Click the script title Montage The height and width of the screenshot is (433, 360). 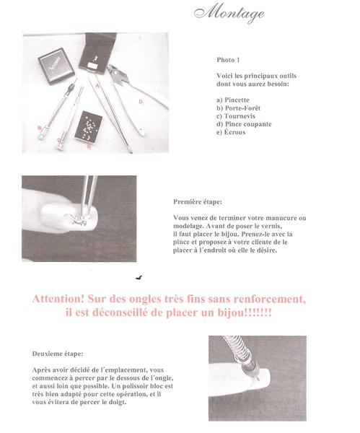[229, 13]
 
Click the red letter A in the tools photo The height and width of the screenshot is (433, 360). [97, 86]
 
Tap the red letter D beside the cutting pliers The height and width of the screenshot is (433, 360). [141, 102]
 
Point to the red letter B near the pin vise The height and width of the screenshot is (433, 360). [40, 128]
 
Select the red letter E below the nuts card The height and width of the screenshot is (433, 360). [89, 146]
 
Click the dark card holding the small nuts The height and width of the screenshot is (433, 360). [89, 126]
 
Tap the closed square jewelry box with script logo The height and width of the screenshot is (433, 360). [56, 66]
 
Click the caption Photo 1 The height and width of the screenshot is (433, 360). [228, 60]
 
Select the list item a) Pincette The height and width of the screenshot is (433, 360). [233, 100]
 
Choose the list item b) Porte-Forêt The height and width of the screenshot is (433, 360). [238, 108]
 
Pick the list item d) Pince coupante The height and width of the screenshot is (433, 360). [244, 124]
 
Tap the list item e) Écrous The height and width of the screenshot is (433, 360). [231, 132]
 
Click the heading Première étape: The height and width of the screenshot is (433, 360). [198, 202]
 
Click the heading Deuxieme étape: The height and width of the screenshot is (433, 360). [58, 354]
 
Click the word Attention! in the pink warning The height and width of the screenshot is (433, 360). [58, 299]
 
